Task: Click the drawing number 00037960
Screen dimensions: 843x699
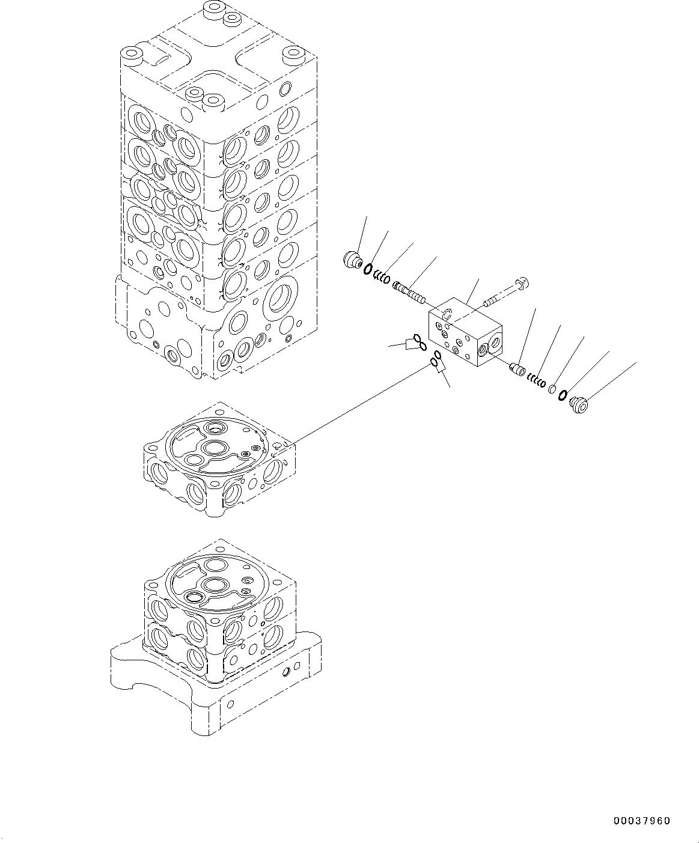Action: pyautogui.click(x=641, y=821)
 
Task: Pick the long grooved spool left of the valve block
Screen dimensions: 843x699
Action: pyautogui.click(x=409, y=293)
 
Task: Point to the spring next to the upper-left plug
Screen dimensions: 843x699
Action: pyautogui.click(x=380, y=277)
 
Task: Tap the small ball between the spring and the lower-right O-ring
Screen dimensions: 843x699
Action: pyautogui.click(x=551, y=389)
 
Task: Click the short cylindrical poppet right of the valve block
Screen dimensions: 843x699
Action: pyautogui.click(x=516, y=368)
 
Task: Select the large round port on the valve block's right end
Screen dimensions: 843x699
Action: pyautogui.click(x=495, y=343)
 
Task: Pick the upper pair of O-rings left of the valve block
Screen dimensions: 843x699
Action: pyautogui.click(x=420, y=342)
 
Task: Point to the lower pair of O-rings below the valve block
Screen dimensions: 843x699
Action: pyautogui.click(x=436, y=361)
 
